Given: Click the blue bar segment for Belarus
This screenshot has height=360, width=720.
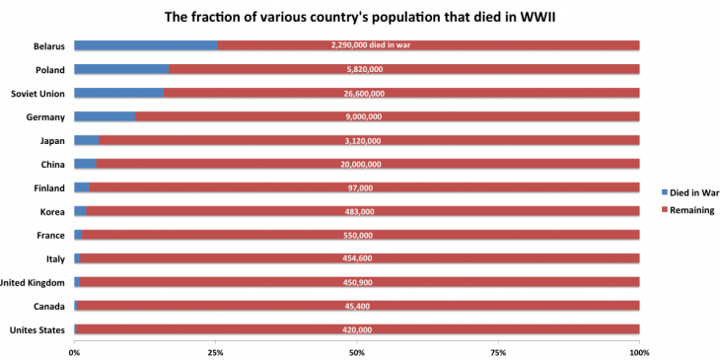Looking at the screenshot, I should pyautogui.click(x=145, y=45).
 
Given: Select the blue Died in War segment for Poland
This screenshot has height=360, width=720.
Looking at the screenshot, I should pyautogui.click(x=121, y=69).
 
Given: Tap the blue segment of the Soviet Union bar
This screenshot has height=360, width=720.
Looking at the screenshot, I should pyautogui.click(x=118, y=93).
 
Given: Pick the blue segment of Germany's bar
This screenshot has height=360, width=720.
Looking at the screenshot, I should pyautogui.click(x=105, y=116).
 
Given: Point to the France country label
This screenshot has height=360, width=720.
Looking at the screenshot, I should pyautogui.click(x=51, y=235).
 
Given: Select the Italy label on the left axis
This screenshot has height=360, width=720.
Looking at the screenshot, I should pyautogui.click(x=55, y=258).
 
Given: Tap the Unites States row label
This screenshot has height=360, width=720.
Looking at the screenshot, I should pyautogui.click(x=36, y=329).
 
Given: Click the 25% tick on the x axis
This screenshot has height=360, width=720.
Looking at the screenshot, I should pyautogui.click(x=215, y=351).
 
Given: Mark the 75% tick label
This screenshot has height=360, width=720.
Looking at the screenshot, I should pyautogui.click(x=498, y=351).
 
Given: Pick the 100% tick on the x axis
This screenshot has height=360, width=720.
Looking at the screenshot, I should pyautogui.click(x=639, y=351).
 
